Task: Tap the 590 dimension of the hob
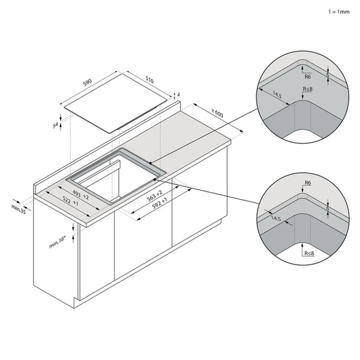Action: click(88, 82)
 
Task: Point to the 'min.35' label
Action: click(19, 209)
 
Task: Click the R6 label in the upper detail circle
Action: click(307, 76)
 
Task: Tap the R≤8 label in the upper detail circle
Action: click(307, 89)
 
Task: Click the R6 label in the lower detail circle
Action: click(307, 182)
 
